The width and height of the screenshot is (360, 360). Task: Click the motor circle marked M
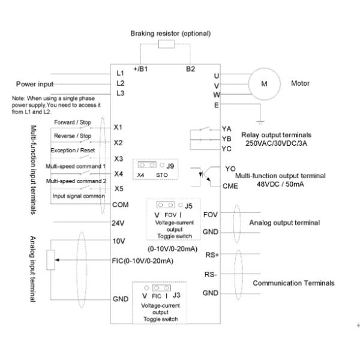tap(265, 83)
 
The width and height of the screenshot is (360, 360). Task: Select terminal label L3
tap(120, 93)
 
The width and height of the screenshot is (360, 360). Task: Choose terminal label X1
tap(118, 128)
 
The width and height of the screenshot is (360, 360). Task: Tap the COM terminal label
tap(121, 205)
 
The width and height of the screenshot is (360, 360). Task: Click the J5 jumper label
tap(188, 206)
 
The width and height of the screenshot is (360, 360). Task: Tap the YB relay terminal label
tap(226, 138)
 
